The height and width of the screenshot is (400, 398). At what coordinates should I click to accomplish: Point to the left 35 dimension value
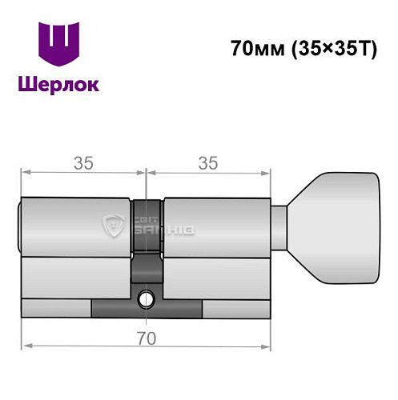[x=82, y=162]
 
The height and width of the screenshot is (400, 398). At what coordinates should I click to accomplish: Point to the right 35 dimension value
[x=208, y=162]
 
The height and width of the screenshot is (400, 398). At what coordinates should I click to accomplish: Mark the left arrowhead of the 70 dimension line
[x=26, y=346]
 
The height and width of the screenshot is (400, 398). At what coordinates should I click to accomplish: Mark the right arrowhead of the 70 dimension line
[x=267, y=346]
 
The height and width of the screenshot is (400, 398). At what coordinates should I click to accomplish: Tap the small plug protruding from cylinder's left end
[x=19, y=226]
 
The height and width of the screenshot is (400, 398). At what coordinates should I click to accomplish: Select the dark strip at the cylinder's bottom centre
[x=147, y=308]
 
